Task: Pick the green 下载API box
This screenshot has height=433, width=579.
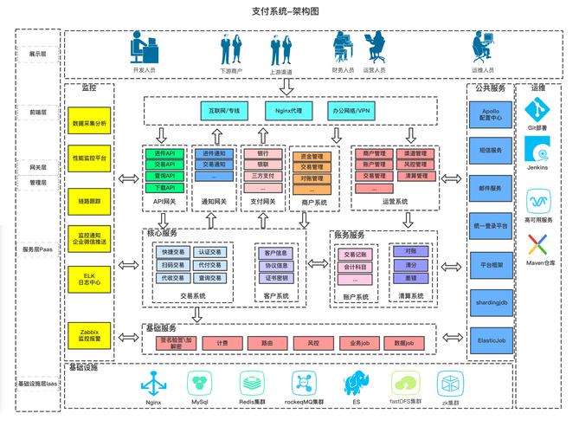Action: point(164,187)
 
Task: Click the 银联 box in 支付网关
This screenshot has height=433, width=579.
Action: point(262,164)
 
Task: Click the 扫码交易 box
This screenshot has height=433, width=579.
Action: point(172,266)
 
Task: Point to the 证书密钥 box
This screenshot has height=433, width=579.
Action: point(277,279)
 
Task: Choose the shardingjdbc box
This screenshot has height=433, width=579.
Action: point(490,303)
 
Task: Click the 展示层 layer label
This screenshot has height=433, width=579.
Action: point(37,54)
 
